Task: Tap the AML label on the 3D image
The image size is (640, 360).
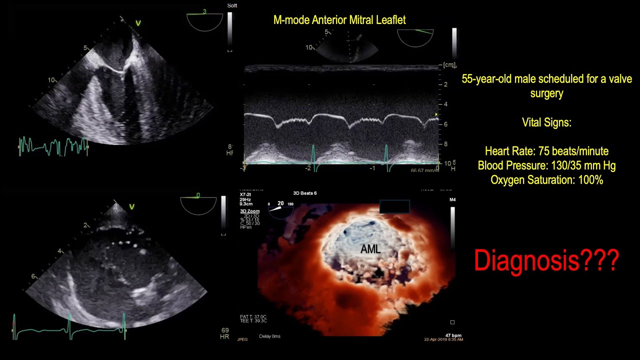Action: pyautogui.click(x=370, y=249)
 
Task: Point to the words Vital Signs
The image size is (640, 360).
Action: pyautogui.click(x=546, y=122)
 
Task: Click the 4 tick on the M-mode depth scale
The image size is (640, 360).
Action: pyautogui.click(x=445, y=104)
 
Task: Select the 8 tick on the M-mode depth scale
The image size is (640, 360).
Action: pyautogui.click(x=445, y=144)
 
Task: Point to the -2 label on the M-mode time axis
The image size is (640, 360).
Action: pyautogui.click(x=308, y=168)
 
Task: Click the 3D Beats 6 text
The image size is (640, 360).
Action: pyautogui.click(x=304, y=193)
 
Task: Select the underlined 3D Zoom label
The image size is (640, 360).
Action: pyautogui.click(x=249, y=211)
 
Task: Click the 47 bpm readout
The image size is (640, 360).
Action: pyautogui.click(x=452, y=335)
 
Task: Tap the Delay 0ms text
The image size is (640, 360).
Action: pyautogui.click(x=269, y=336)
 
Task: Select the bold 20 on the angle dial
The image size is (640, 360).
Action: pyautogui.click(x=280, y=203)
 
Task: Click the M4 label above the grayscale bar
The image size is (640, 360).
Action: pyautogui.click(x=452, y=199)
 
